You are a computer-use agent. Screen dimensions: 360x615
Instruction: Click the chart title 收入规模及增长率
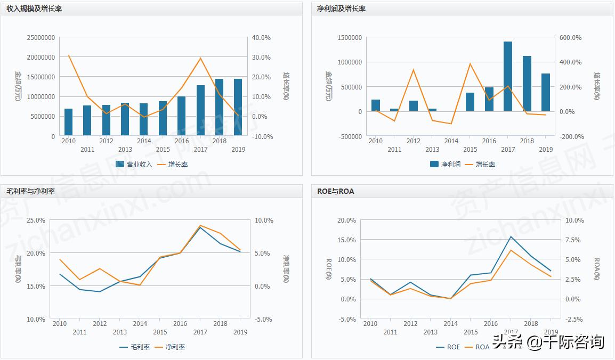[34, 9]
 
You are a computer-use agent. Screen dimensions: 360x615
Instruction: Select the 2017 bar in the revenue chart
[200, 110]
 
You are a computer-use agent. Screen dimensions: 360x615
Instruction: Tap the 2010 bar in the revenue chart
[68, 122]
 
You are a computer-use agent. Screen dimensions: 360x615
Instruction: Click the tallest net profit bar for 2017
[508, 76]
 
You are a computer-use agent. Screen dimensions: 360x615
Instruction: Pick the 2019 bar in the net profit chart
[546, 92]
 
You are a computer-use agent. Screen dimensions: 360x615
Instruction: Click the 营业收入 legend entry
[134, 164]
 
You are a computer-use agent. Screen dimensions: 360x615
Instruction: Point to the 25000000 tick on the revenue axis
[41, 38]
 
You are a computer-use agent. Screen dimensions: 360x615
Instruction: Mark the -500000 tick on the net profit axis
[350, 136]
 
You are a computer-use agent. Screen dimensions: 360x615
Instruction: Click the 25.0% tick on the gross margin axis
[36, 220]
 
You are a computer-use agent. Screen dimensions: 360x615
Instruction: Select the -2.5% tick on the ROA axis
[573, 319]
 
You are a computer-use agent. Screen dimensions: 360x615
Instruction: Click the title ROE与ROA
[335, 191]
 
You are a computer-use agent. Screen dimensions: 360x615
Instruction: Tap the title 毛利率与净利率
[30, 191]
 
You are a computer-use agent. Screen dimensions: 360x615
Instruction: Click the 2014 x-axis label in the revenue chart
[144, 141]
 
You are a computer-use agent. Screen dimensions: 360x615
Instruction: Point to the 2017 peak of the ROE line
[511, 236]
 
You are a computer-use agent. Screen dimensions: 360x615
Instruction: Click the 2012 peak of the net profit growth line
[414, 70]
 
